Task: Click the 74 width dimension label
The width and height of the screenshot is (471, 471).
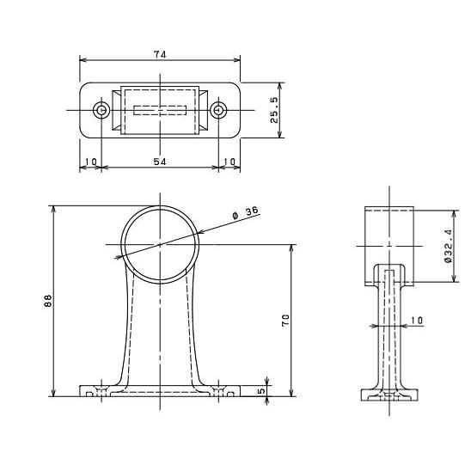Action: point(160,54)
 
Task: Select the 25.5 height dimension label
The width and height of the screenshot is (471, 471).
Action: point(274,110)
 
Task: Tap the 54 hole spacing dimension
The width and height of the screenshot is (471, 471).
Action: point(160,162)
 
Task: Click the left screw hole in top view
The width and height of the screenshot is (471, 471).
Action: point(101,110)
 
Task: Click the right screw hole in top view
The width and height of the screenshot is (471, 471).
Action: point(218,110)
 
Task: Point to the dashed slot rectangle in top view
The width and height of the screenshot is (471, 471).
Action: point(160,110)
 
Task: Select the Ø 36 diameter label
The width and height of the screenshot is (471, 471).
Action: point(246,212)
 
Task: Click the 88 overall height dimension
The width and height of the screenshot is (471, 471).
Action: point(48,301)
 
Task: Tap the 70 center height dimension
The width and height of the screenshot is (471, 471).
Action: point(285,321)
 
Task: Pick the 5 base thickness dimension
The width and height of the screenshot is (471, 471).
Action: point(261,391)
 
